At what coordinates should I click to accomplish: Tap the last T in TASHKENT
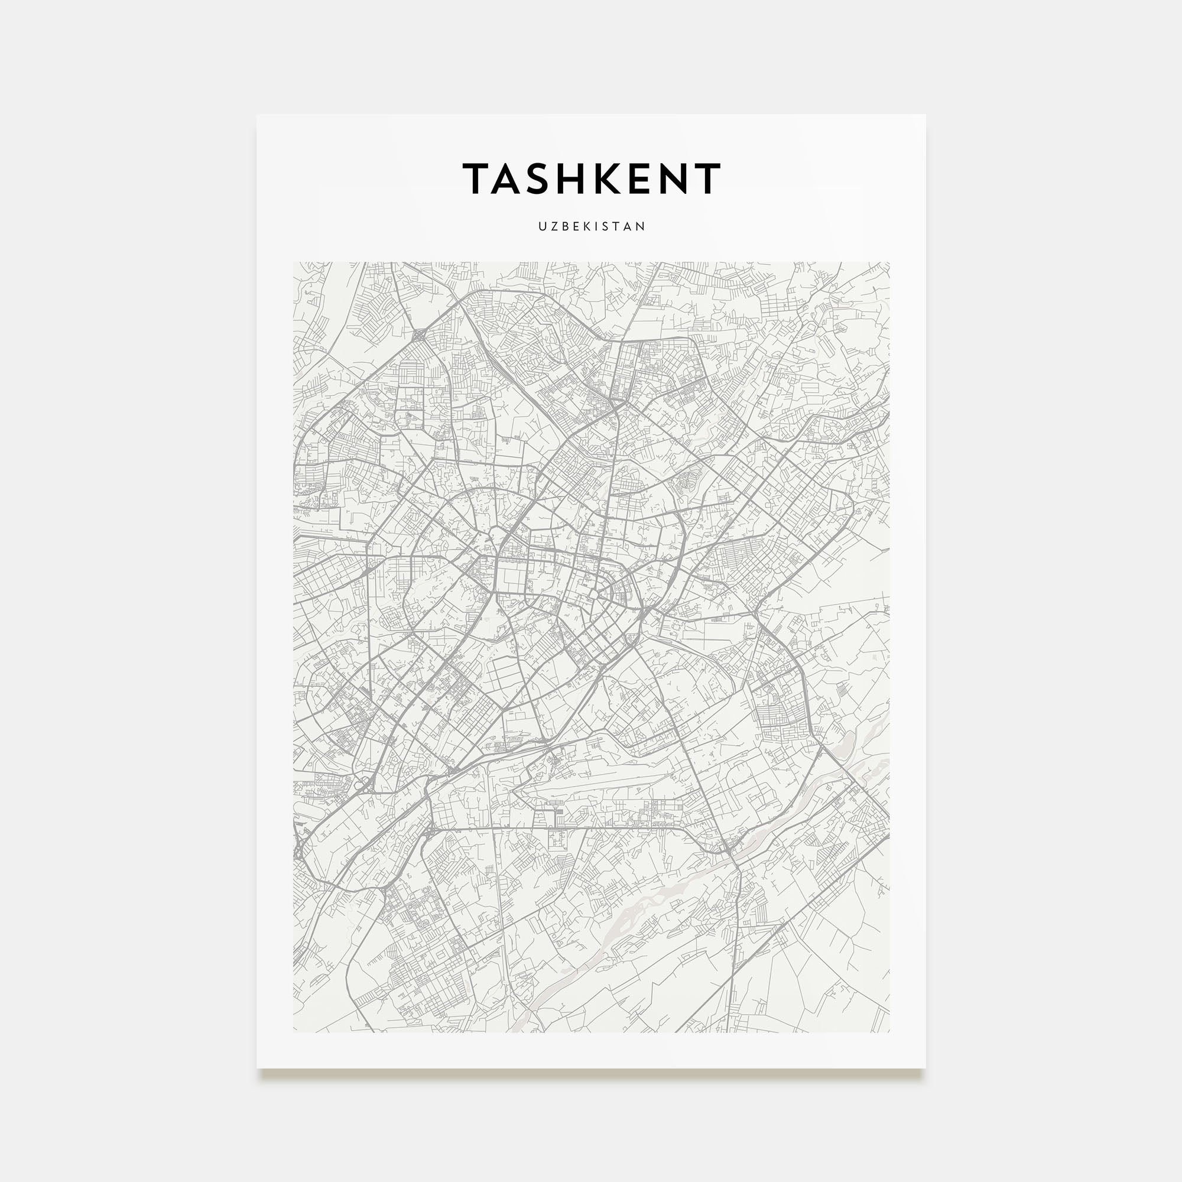point(706,178)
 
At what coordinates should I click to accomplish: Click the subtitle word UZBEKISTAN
point(591,226)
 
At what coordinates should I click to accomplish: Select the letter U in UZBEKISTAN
point(542,226)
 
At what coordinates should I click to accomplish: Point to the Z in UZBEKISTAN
point(553,226)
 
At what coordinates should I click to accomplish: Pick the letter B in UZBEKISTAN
point(564,226)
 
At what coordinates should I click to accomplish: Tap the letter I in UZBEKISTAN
point(596,226)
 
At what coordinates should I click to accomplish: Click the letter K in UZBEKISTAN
point(586,226)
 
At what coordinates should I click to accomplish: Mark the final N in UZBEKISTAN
point(641,226)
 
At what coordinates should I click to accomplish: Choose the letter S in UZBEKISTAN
point(606,226)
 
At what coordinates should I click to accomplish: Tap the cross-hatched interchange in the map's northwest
point(419,335)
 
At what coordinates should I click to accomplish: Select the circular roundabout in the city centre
point(593,594)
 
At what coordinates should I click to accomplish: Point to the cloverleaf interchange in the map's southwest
point(362,784)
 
